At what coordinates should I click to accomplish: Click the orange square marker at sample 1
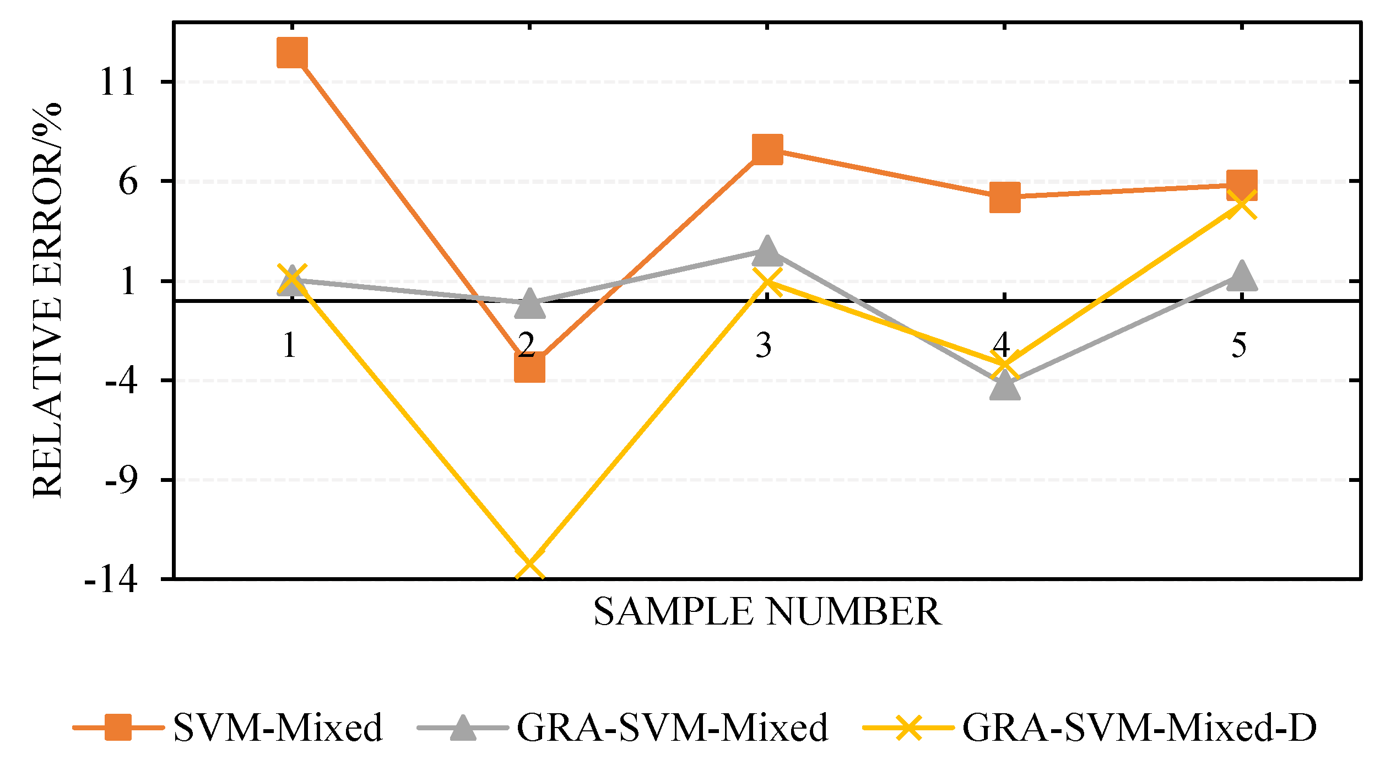click(x=292, y=53)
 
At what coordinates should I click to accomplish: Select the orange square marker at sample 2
click(x=529, y=367)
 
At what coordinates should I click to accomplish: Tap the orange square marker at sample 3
click(x=767, y=149)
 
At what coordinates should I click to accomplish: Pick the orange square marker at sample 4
click(x=1005, y=198)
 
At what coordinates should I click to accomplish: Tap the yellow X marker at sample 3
click(x=767, y=281)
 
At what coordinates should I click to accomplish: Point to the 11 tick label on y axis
click(x=118, y=83)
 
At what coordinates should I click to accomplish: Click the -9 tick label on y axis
click(x=121, y=481)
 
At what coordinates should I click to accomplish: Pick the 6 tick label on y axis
click(x=128, y=182)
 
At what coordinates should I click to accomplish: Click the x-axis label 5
click(x=1239, y=346)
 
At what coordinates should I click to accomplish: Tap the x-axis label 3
click(x=764, y=346)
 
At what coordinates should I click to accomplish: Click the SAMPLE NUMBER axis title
click(x=767, y=612)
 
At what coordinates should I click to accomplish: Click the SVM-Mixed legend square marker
click(x=118, y=728)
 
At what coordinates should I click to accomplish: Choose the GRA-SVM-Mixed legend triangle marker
click(x=463, y=728)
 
